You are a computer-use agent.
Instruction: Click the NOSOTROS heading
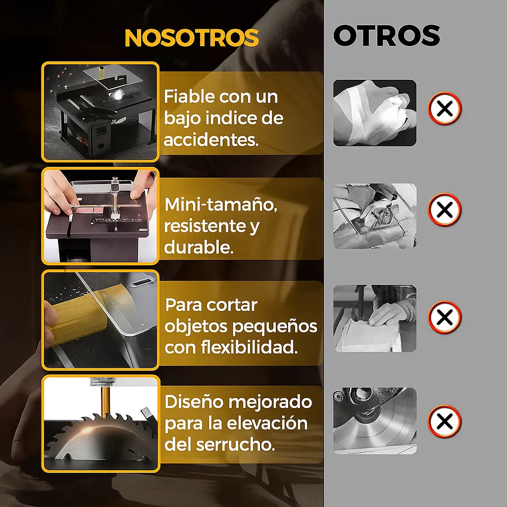192,38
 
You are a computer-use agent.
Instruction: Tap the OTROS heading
386,36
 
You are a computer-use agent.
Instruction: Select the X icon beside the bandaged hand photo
444,108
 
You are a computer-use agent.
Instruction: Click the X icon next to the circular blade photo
444,421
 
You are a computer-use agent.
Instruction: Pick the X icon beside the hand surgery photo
444,209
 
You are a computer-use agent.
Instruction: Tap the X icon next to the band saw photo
444,317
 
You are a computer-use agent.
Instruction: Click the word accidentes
211,140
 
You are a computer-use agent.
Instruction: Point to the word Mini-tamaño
221,205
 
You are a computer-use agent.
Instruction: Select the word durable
199,248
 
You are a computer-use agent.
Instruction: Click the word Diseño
194,402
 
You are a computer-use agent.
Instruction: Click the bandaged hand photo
374,113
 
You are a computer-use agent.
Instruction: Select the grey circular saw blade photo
374,421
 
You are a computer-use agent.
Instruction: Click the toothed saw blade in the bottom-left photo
99,436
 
